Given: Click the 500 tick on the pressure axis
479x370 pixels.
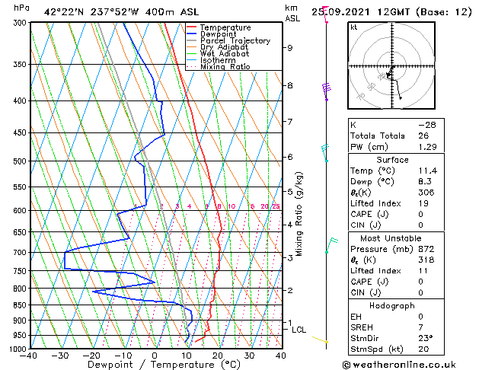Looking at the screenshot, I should (20, 161).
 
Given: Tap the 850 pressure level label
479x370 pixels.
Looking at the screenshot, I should (20, 305).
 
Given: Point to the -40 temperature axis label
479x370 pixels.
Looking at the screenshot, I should (30, 356).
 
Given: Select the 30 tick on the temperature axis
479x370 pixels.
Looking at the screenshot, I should (249, 356).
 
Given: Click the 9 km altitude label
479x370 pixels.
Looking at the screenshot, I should (290, 47).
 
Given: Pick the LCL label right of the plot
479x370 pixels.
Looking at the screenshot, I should (299, 330).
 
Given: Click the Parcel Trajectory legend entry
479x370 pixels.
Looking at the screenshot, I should (235, 41).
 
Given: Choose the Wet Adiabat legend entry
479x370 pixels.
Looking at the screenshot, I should (226, 54).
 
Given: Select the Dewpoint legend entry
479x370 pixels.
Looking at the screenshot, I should (219, 34).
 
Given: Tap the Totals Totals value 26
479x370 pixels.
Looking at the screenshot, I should (423, 136).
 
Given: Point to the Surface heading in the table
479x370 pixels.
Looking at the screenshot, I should (392, 160).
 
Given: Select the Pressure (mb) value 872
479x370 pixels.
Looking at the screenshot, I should (426, 248).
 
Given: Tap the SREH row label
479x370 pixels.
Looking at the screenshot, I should (362, 327).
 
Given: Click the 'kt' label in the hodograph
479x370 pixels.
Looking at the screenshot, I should (353, 27).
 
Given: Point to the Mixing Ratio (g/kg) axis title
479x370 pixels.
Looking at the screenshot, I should (299, 214).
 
